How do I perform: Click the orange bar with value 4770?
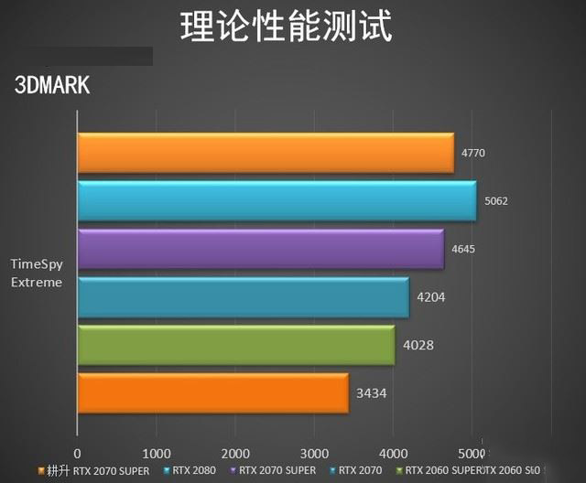[x=266, y=153]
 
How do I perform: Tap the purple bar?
[x=260, y=249]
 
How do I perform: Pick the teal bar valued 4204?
[x=243, y=296]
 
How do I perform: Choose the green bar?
[x=235, y=344]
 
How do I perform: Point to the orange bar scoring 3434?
[x=212, y=392]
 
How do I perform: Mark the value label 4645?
[x=463, y=249]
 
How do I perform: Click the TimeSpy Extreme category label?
[x=37, y=273]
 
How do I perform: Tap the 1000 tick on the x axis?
[x=157, y=454]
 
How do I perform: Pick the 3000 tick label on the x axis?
[x=314, y=454]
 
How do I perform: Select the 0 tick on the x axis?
[x=78, y=454]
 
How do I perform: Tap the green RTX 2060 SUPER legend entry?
[x=438, y=470]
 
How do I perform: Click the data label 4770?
[x=473, y=153]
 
